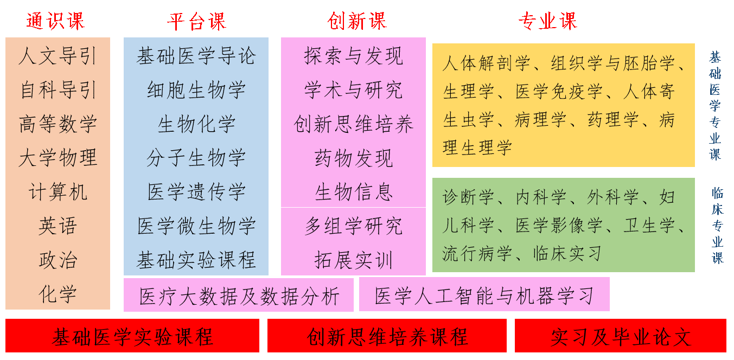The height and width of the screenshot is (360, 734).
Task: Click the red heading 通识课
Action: tap(55, 21)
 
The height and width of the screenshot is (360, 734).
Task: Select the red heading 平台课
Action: tap(196, 21)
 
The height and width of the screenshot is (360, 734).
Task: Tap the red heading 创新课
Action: tap(357, 21)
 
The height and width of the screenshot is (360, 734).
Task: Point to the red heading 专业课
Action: tap(547, 21)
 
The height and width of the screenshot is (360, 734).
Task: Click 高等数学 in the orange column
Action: tap(58, 124)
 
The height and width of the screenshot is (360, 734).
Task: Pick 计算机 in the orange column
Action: tap(58, 191)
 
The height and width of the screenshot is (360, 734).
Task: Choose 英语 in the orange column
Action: tap(58, 226)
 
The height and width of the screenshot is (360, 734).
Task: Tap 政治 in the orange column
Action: tap(58, 260)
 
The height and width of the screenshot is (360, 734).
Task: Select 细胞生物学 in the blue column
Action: tap(196, 90)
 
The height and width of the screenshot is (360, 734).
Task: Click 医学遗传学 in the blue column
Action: tap(196, 191)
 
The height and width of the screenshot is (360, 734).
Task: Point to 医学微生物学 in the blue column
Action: tap(196, 226)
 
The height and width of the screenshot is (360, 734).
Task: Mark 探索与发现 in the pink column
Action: tap(353, 56)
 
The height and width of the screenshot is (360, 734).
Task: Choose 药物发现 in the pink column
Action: tap(353, 158)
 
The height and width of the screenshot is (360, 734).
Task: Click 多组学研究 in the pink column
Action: tap(353, 226)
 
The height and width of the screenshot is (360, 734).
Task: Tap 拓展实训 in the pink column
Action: tap(353, 260)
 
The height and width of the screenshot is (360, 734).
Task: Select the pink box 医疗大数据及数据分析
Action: tap(239, 295)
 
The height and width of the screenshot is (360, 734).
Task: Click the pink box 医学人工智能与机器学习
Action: tap(484, 294)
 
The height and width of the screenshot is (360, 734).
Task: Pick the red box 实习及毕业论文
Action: tap(620, 336)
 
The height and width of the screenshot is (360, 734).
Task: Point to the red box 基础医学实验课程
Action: tap(132, 336)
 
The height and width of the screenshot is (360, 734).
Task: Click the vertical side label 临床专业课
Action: tap(717, 226)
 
